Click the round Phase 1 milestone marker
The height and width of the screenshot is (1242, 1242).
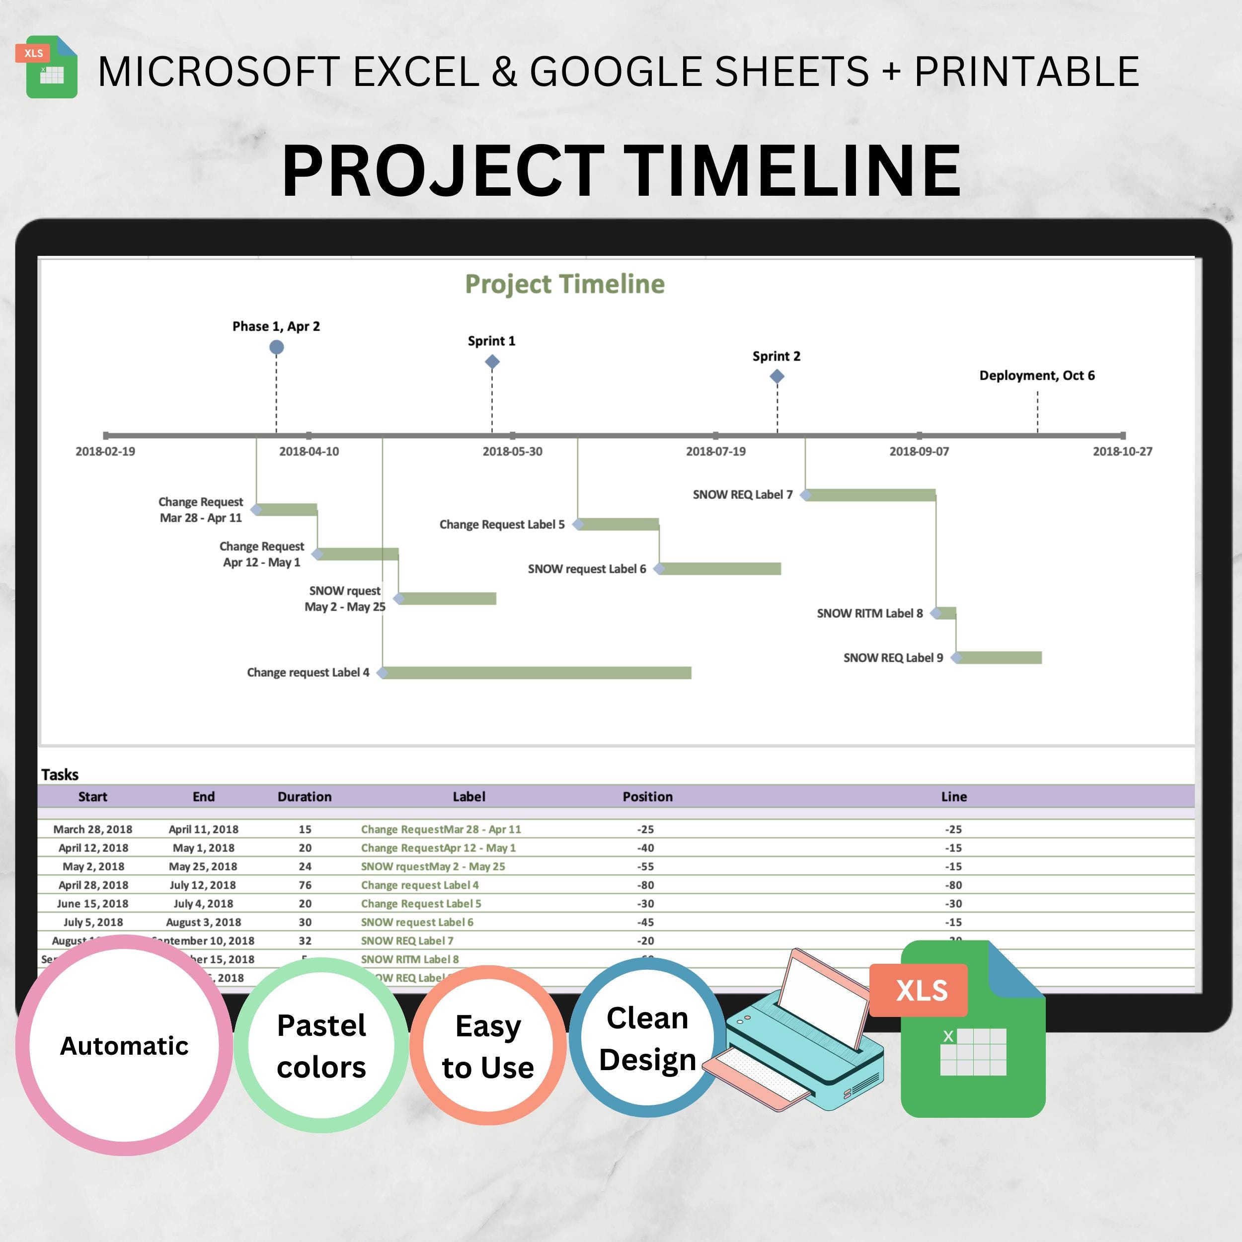coord(276,347)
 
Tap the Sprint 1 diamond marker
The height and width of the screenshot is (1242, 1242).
coord(492,362)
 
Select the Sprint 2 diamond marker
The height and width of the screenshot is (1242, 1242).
coord(776,377)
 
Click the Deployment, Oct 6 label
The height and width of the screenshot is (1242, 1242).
coord(1036,376)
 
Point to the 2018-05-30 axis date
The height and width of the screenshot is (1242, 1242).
coord(512,451)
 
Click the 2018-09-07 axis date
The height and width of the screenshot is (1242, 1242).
coord(919,451)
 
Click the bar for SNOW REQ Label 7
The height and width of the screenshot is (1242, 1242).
coord(871,494)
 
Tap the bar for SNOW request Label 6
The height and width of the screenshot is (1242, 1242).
coord(720,568)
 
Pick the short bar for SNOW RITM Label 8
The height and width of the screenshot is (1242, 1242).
coord(946,613)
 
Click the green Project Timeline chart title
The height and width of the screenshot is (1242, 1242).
coord(564,284)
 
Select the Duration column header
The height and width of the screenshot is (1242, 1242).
coord(304,796)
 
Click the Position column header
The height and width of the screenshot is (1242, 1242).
coord(647,796)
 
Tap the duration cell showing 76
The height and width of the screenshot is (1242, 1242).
coord(305,885)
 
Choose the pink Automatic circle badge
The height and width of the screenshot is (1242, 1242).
coord(124,1046)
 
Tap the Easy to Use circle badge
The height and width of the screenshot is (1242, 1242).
coord(488,1046)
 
